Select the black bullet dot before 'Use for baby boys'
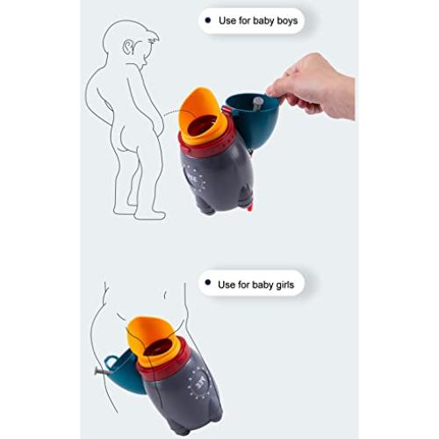(x=207, y=19)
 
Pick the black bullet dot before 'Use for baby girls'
(x=207, y=284)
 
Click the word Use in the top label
(x=227, y=19)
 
